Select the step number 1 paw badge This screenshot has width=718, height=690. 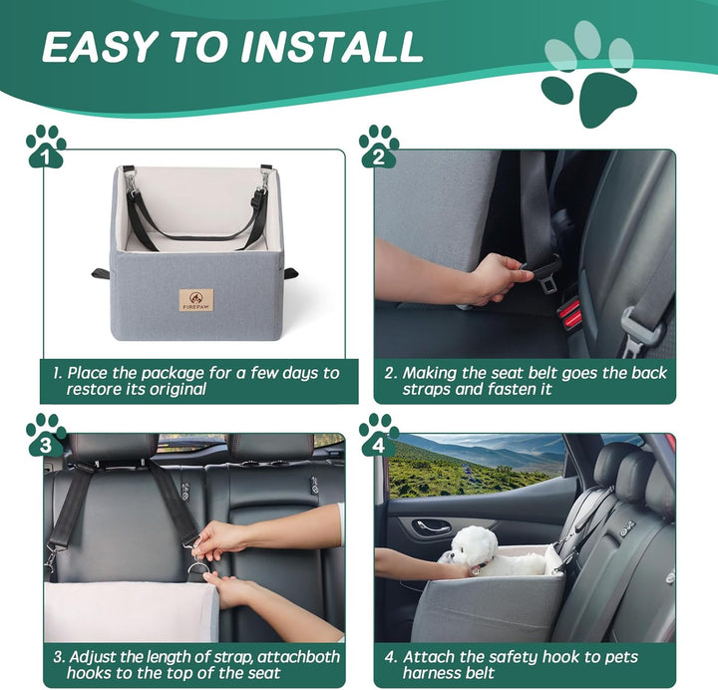click(45, 147)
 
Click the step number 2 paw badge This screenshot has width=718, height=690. click(378, 147)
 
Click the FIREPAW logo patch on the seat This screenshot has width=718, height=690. click(195, 299)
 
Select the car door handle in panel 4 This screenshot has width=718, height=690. click(433, 525)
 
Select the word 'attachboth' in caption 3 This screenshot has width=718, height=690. click(298, 657)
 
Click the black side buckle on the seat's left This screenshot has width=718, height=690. click(100, 273)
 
